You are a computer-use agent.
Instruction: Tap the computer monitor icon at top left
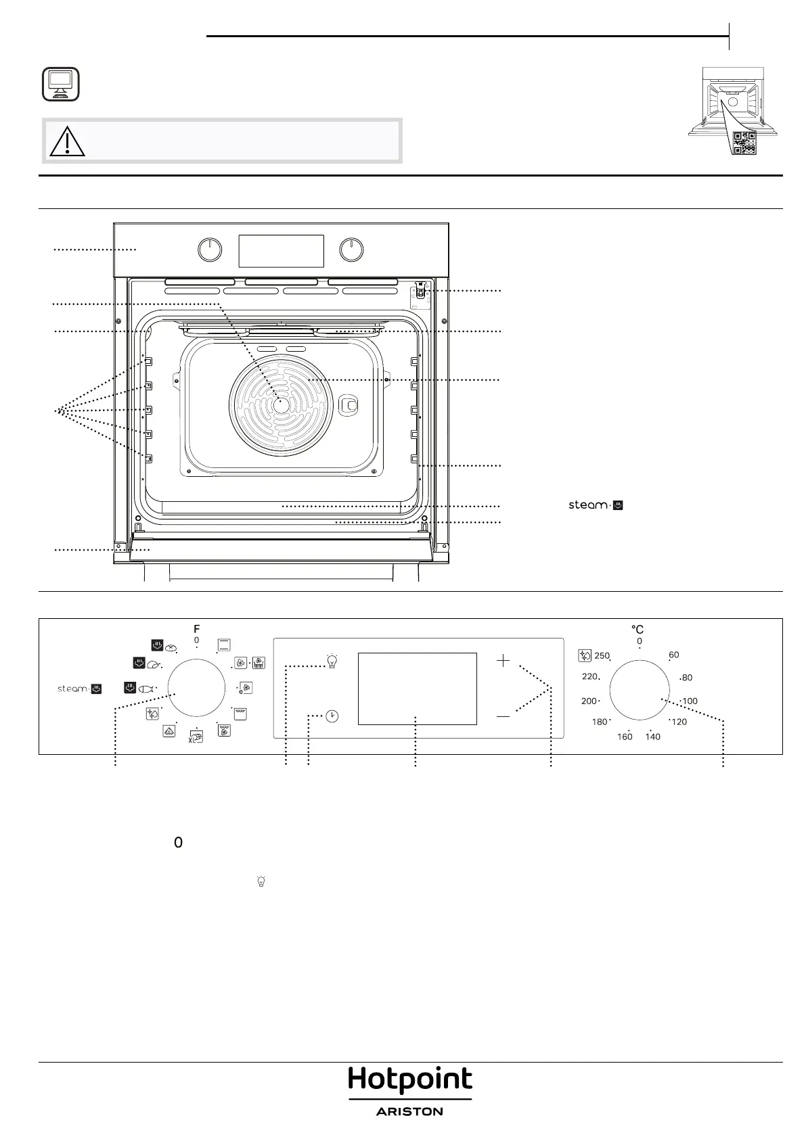click(60, 84)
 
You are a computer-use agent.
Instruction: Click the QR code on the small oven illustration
click(744, 143)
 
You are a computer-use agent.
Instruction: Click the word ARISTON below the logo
click(410, 1112)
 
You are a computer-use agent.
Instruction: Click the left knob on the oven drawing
click(210, 250)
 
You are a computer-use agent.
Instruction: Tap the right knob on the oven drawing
click(351, 250)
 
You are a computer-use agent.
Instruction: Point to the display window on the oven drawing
click(281, 251)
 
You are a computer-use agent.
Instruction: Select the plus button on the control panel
click(503, 661)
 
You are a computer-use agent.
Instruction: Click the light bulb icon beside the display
click(332, 661)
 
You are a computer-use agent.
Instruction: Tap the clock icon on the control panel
click(332, 716)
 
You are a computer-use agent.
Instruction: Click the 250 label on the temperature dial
click(602, 655)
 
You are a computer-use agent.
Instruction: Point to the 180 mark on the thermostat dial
click(600, 722)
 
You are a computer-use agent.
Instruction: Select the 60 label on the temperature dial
click(673, 655)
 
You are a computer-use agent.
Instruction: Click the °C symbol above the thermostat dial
click(637, 629)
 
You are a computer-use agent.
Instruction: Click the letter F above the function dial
click(197, 629)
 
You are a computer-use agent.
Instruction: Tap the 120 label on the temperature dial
click(679, 722)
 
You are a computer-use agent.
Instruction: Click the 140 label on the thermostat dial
click(652, 737)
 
